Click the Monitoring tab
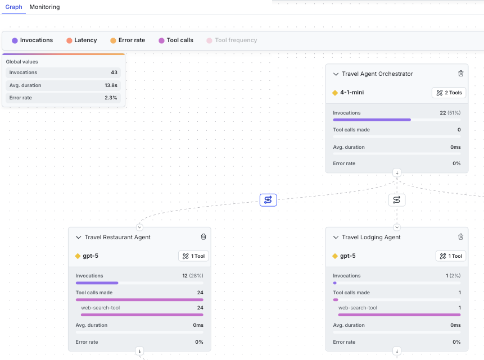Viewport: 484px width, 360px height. point(44,7)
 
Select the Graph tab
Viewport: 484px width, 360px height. point(13,7)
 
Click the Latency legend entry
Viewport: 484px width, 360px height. point(82,40)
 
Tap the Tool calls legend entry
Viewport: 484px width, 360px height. point(176,40)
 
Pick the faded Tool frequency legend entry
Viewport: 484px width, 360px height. point(232,40)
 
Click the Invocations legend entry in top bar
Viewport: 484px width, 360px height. point(33,40)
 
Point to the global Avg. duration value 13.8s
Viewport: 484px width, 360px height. point(111,85)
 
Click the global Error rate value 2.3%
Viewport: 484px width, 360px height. point(111,98)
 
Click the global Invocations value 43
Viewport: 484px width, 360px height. point(114,72)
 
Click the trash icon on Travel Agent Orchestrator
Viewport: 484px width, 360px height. point(461,74)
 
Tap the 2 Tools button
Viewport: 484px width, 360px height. point(449,93)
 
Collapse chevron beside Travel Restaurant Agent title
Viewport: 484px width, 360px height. point(79,238)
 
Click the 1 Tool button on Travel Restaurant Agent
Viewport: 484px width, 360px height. point(193,256)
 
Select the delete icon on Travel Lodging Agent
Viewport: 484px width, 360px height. point(461,237)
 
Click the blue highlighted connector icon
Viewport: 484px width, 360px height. point(268,200)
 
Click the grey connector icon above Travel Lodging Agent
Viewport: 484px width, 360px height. point(397,200)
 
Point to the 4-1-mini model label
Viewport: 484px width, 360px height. point(352,93)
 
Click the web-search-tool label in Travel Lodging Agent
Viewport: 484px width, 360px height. point(358,308)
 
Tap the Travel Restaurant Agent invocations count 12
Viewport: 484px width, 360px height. point(185,276)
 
